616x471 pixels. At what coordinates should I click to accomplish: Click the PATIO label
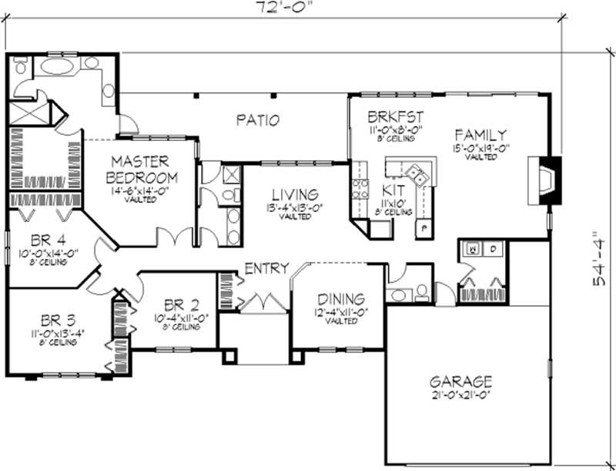[x=256, y=120]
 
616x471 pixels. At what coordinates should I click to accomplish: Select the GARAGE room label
[x=461, y=382]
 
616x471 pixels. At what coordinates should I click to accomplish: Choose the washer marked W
[x=471, y=248]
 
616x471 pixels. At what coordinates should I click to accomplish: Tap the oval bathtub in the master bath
[x=58, y=67]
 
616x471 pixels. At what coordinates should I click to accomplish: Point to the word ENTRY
[x=266, y=268]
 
